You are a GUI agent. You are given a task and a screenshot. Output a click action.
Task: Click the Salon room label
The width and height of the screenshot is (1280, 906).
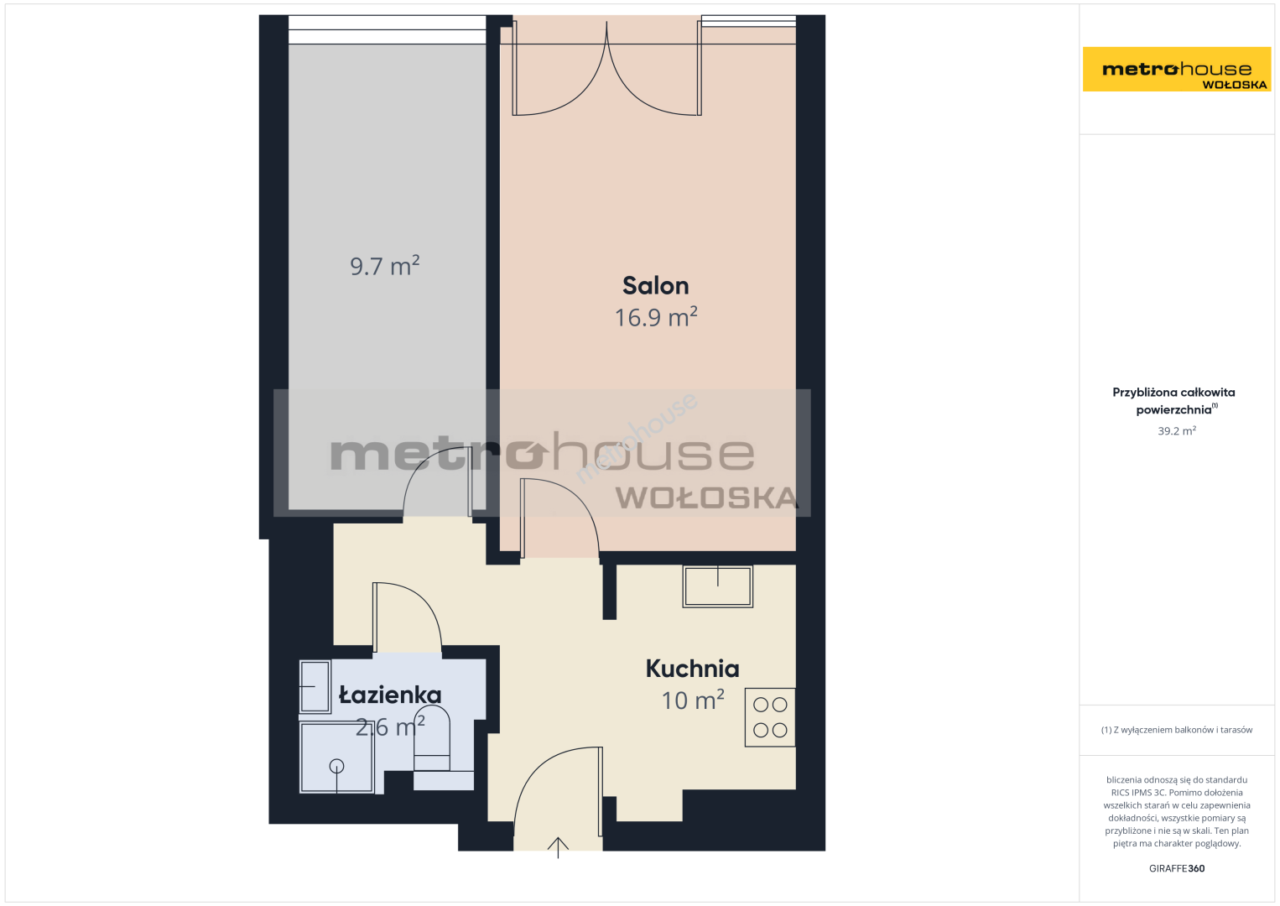(x=655, y=286)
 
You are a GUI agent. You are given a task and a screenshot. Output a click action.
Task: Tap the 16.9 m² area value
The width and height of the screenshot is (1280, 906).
(x=655, y=317)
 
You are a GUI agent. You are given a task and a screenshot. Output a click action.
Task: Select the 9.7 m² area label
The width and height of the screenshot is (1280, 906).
(x=384, y=266)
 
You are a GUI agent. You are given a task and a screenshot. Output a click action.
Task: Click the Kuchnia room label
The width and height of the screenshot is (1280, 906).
(x=692, y=669)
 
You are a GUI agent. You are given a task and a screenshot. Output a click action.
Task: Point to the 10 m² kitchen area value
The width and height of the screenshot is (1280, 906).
(x=693, y=700)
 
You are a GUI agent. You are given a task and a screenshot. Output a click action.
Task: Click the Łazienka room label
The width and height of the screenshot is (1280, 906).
(x=390, y=695)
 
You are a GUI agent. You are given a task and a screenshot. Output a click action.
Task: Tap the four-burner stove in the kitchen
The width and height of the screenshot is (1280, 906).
(x=770, y=717)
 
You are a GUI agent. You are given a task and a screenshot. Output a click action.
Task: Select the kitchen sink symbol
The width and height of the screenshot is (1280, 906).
(x=718, y=586)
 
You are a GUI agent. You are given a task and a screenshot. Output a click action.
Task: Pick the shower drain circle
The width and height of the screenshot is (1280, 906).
(x=336, y=766)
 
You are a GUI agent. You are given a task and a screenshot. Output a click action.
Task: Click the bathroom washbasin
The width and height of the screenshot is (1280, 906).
(x=315, y=686)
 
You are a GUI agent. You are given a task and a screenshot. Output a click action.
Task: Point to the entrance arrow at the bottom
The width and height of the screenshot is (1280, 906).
(x=558, y=847)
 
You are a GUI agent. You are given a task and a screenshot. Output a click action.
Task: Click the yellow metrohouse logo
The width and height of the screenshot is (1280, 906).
(x=1177, y=69)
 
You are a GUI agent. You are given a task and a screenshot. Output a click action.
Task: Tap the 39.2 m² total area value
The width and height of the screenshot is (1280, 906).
(x=1177, y=430)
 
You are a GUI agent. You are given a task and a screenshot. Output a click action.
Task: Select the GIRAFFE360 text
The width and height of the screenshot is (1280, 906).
(x=1177, y=868)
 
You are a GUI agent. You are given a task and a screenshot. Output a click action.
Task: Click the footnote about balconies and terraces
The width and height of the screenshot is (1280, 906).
(x=1177, y=729)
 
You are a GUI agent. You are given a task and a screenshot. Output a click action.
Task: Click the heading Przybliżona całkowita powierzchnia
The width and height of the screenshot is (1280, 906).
(x=1173, y=401)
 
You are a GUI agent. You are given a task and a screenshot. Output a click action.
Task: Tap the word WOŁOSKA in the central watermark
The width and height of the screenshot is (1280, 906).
(x=706, y=497)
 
